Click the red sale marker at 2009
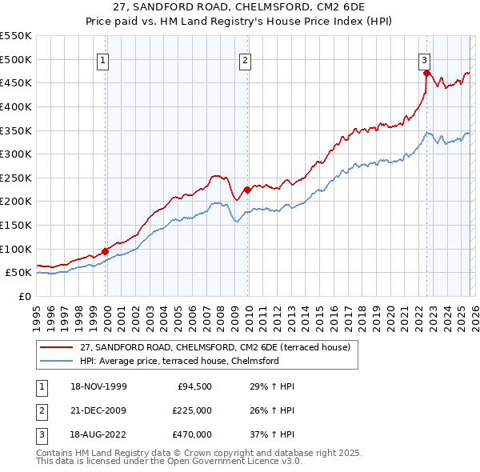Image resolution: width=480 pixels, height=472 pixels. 247,190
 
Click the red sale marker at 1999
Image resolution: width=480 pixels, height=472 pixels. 105,251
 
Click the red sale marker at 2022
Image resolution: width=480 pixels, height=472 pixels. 426,74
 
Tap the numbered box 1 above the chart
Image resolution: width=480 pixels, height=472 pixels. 105,58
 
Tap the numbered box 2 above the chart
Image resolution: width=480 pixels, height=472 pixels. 246,58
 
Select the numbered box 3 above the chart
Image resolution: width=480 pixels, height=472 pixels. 424,58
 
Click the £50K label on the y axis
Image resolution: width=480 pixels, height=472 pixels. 19,273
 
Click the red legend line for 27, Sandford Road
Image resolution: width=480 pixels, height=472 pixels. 56,348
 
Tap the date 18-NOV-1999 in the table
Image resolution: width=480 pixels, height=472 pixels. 99,386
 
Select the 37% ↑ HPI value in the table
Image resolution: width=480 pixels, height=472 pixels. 267,434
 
